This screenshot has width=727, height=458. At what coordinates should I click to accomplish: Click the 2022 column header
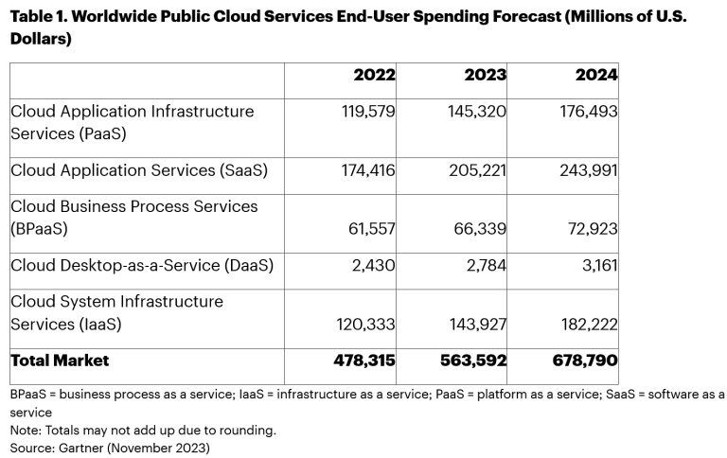pos(374,75)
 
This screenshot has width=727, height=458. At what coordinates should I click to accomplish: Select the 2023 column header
pos(485,75)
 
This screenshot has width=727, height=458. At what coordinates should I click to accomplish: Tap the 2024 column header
pos(596,75)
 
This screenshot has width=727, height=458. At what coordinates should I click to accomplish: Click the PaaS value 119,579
pos(367,111)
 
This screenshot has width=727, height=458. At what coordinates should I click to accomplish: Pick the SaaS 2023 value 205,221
pos(478,170)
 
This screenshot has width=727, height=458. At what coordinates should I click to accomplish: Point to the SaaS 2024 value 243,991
pos(589,170)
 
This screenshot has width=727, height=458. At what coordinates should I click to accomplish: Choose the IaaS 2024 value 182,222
pos(589,325)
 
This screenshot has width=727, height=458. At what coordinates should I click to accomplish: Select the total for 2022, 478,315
pos(365,361)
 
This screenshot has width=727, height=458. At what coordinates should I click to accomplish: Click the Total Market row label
pos(60,361)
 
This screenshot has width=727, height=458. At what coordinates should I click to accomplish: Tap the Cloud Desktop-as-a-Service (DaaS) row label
pos(142,266)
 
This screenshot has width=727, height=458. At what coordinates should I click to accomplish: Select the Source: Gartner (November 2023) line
pos(110,447)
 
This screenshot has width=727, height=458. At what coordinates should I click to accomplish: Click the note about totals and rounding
pos(143,431)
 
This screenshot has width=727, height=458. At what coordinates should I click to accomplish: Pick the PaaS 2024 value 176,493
pos(589,111)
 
